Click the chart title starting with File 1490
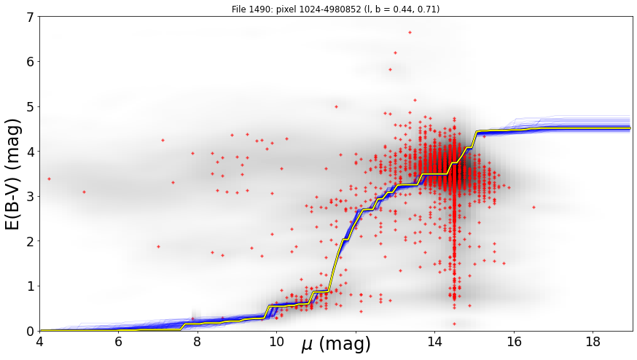coord(335,9)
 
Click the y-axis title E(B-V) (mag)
coord(13,174)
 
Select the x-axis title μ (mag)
coord(335,345)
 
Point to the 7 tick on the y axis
coord(31,17)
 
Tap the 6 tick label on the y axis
coord(31,62)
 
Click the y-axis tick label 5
coord(31,107)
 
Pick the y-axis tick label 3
coord(31,197)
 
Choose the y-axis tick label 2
coord(31,241)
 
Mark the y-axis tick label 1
coord(31,286)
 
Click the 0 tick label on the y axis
coord(31,331)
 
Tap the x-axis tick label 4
coord(40,342)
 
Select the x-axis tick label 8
coord(198,342)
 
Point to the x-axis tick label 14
coord(434,342)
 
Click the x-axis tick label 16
coord(514,342)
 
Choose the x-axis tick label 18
coord(593,342)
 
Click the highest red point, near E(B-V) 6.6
coord(410,32)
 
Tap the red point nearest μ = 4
coord(49,179)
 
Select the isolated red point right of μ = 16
coord(534,207)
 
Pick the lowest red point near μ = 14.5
coord(454,324)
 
